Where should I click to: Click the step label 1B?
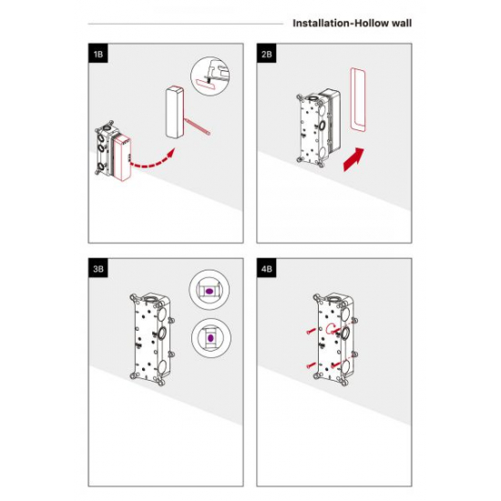98,54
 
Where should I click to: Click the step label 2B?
267,54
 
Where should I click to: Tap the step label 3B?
98,269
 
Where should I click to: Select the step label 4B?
267,269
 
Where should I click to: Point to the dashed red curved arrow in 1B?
152,161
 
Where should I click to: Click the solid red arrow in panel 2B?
353,159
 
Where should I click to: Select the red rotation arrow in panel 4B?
331,329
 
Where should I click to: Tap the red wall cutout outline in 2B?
353,99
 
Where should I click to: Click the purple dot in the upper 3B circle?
209,291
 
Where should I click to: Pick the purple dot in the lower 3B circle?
210,338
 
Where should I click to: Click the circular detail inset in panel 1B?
210,76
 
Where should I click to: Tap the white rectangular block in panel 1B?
175,112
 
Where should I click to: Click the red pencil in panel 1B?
197,127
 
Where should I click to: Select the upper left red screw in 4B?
312,331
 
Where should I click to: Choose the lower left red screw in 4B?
312,365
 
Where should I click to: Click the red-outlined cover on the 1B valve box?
122,158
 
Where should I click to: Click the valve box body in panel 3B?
152,340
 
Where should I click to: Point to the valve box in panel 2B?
318,127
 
